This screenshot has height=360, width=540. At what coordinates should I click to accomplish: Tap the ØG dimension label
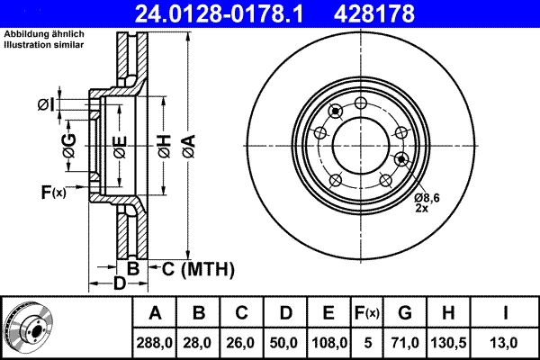click(x=68, y=140)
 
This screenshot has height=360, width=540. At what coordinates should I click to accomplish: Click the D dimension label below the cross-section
click(x=119, y=284)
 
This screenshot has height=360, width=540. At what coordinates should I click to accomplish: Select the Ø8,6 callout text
click(x=427, y=197)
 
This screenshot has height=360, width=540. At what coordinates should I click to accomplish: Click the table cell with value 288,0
click(x=156, y=342)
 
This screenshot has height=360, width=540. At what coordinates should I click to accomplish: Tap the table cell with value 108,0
click(x=328, y=342)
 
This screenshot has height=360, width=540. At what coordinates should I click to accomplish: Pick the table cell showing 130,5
click(x=447, y=342)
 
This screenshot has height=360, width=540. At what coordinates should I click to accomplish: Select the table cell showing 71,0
click(x=404, y=342)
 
